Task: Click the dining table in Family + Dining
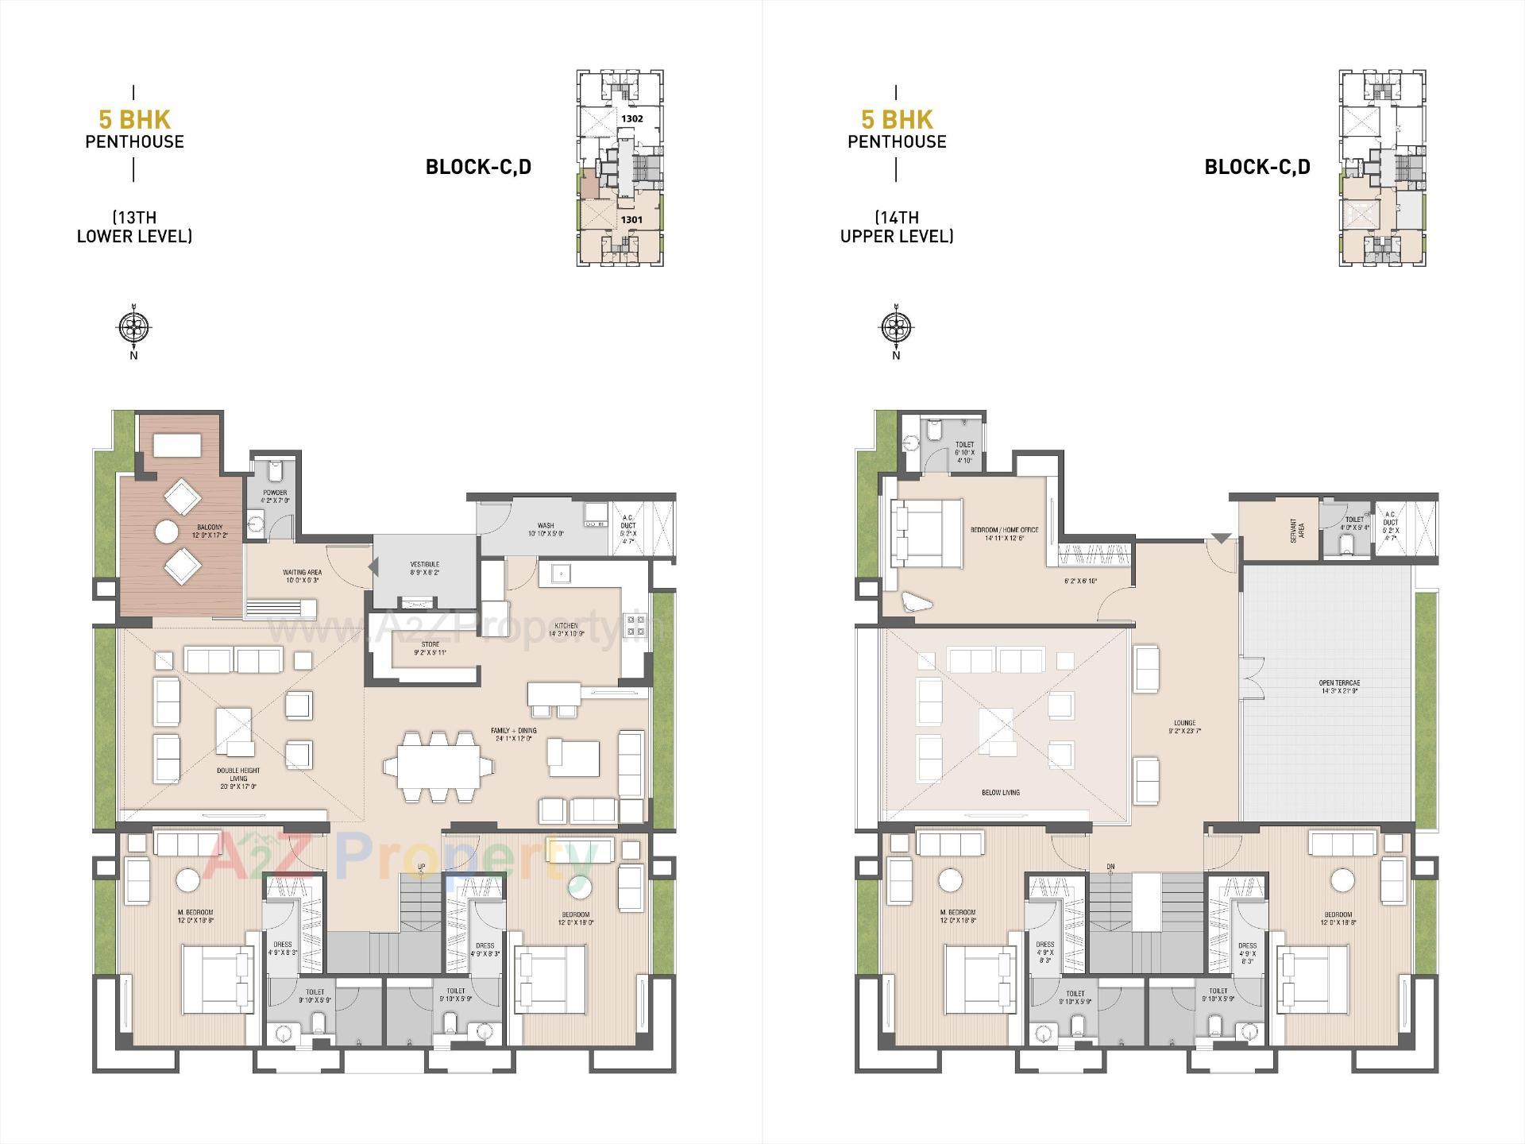click(438, 766)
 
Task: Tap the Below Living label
click(1001, 792)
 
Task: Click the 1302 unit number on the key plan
click(632, 118)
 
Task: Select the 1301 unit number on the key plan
click(631, 218)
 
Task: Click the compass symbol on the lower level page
click(133, 327)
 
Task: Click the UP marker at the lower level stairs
click(421, 867)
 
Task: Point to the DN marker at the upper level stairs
click(1110, 867)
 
